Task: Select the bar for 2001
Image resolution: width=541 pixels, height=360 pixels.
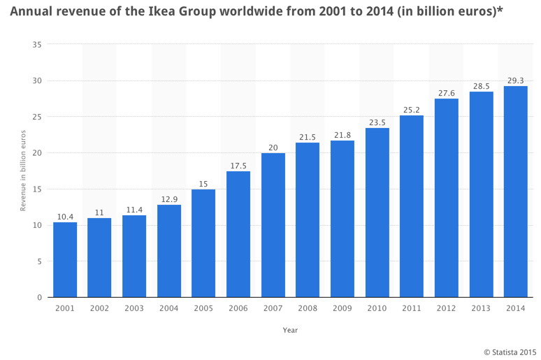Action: pos(65,259)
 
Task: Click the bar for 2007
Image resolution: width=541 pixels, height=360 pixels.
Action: pos(273,225)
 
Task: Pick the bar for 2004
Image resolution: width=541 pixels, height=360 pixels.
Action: pos(169,251)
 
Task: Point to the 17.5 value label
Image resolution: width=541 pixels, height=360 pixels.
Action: pos(238,166)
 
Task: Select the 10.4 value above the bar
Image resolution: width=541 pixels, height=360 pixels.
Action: pos(65,217)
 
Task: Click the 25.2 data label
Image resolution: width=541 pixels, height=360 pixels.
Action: pos(412,110)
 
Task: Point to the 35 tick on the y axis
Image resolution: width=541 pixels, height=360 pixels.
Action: pos(37,45)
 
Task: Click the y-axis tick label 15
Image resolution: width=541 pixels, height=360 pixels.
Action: pos(37,189)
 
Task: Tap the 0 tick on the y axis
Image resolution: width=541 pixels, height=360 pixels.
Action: pos(39,298)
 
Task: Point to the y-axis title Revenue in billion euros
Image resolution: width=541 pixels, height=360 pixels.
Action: pos(22,171)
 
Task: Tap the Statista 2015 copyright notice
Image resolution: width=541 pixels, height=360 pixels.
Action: pos(510,350)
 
